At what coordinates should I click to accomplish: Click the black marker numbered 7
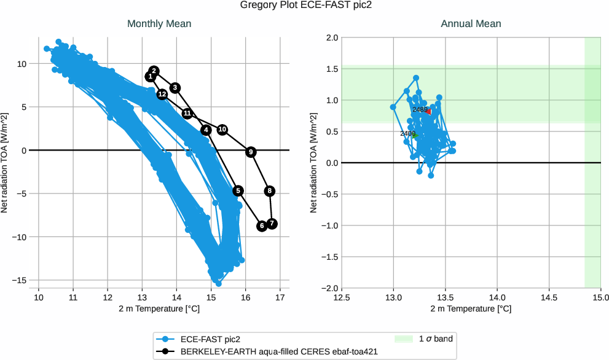pos(272,224)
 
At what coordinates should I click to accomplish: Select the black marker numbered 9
pos(251,152)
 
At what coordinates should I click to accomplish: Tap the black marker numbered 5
pos(238,191)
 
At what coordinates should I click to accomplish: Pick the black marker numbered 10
pos(222,130)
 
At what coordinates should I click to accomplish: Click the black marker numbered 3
pos(175,88)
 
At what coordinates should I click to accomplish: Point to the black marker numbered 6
pos(262,226)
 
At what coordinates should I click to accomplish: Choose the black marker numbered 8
pos(270,191)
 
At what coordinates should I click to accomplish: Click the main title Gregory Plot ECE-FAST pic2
pos(304,6)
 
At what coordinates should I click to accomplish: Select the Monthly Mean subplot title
pos(159,24)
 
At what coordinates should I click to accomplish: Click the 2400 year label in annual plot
pos(407,133)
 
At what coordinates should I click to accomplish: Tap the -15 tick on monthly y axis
pos(21,280)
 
